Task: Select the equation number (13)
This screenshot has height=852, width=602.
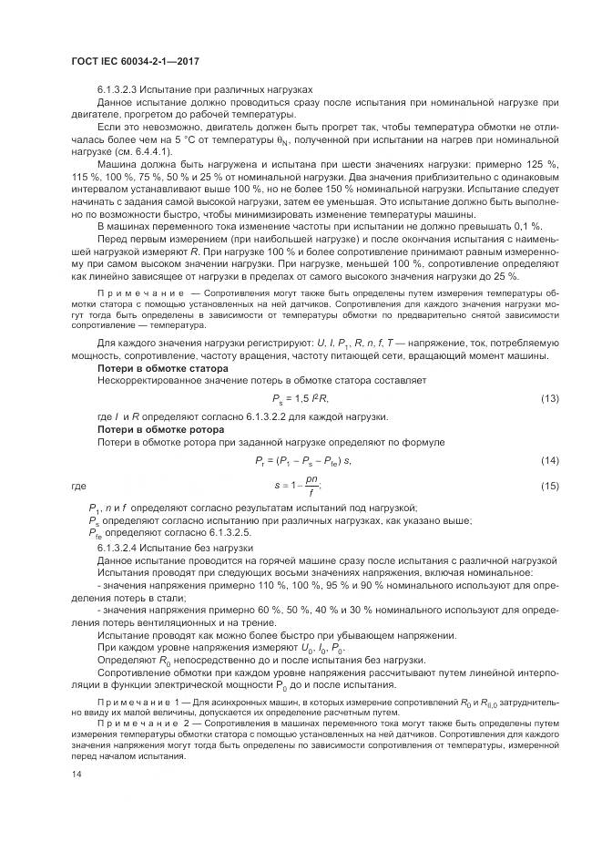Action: (549, 398)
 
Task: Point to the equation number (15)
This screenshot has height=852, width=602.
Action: (549, 487)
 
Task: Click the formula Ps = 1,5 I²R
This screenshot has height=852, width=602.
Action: (300, 398)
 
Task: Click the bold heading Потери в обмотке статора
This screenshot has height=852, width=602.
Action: (156, 367)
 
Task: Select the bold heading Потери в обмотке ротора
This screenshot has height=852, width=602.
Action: (154, 429)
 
